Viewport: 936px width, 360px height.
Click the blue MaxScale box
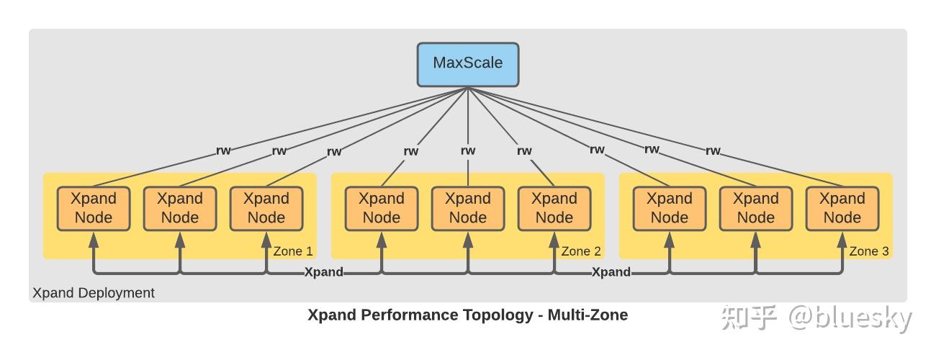coord(468,64)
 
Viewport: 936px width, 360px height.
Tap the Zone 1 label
coord(293,251)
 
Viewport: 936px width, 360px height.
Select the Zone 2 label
coord(581,251)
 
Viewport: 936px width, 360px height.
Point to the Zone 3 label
coord(869,251)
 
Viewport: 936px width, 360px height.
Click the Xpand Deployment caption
coord(94,293)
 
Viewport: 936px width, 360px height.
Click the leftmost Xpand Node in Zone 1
coord(94,208)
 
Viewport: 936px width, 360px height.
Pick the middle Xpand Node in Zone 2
coord(468,208)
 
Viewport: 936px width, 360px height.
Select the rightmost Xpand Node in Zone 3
coord(842,208)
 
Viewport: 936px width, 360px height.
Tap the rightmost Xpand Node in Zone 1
coord(266,208)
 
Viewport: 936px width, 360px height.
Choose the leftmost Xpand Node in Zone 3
coord(670,208)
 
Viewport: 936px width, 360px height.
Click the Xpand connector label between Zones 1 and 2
coord(324,272)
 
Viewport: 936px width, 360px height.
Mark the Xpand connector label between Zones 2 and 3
coord(611,272)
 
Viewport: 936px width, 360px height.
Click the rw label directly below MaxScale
coord(468,150)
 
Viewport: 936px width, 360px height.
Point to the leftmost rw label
coord(223,150)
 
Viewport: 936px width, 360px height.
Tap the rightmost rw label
coord(714,150)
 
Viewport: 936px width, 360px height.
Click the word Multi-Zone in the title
coord(588,315)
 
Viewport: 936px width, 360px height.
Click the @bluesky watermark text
coord(850,319)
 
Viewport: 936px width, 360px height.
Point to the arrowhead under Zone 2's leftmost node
coord(382,240)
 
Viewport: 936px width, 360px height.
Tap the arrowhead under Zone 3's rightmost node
coord(842,240)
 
